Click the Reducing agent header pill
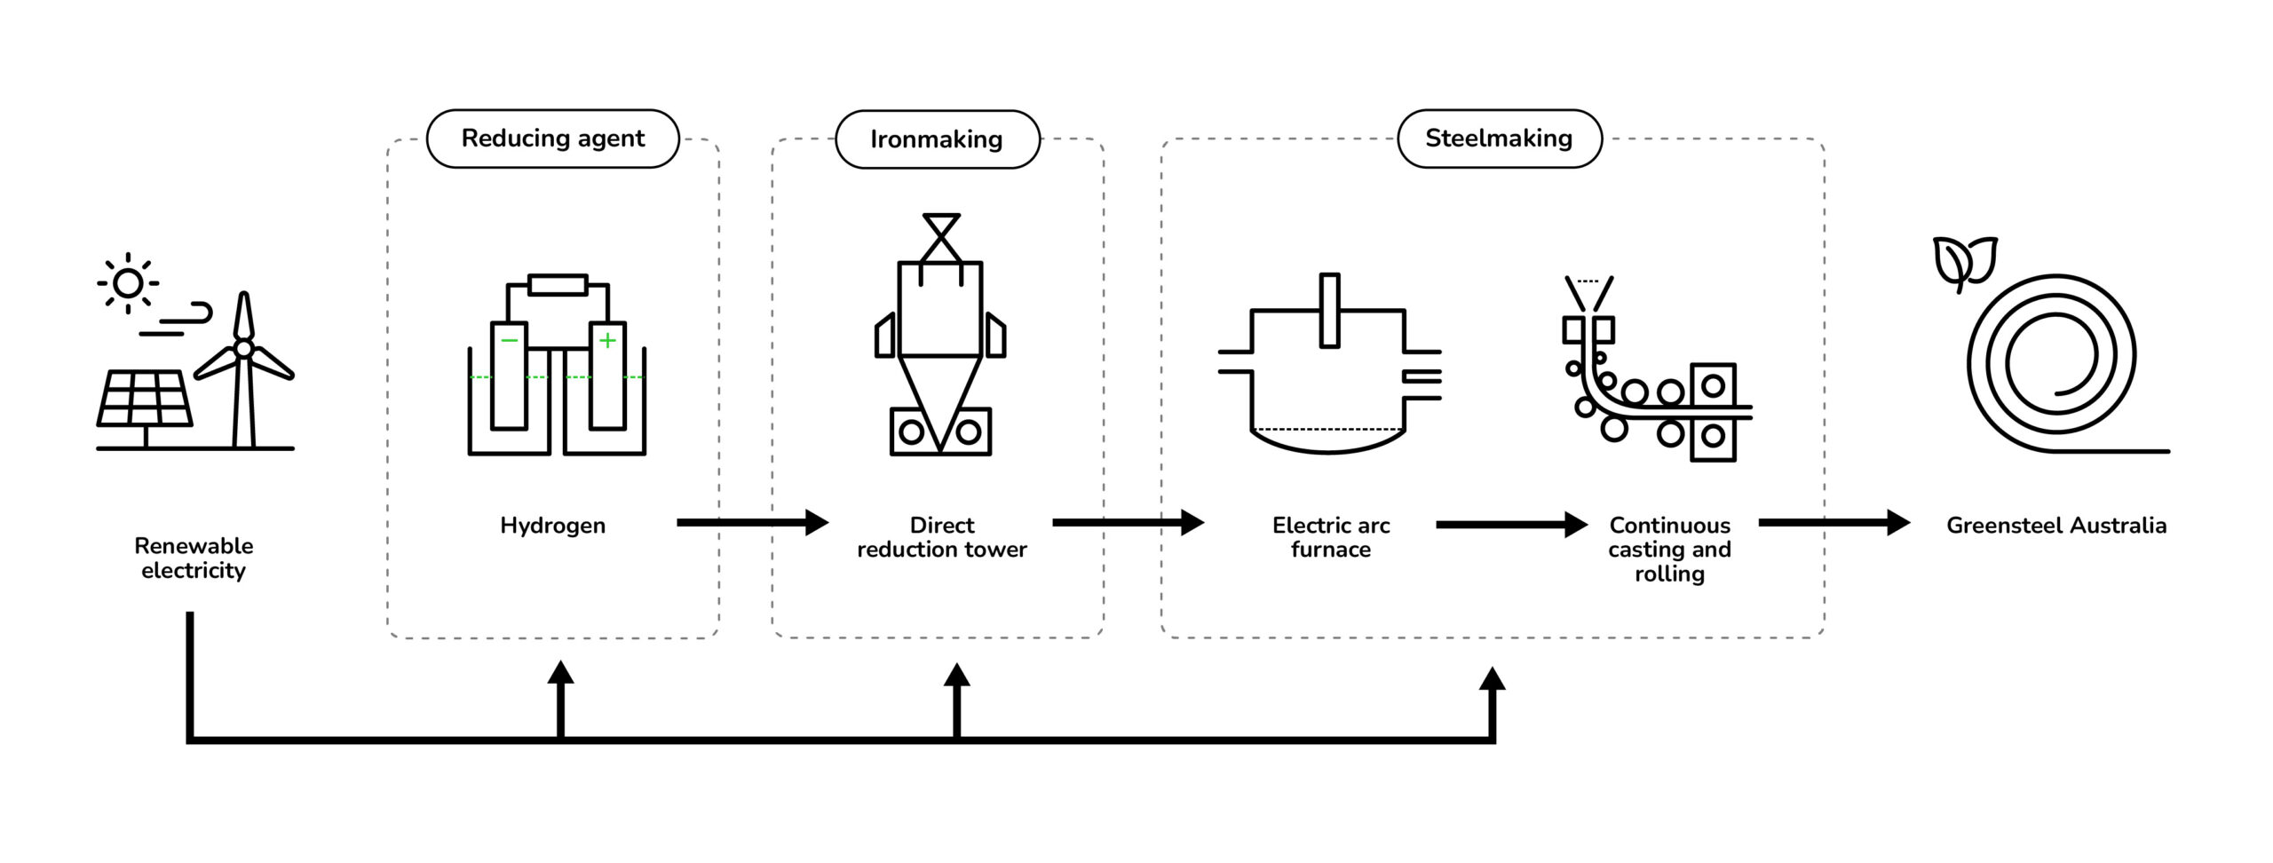click(552, 139)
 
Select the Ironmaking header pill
click(937, 139)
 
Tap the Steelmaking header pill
click(1499, 139)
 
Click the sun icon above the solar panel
click(128, 283)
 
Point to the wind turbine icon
click(243, 368)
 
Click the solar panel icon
click(144, 400)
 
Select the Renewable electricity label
click(194, 558)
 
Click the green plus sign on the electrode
click(607, 340)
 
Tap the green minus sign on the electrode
click(509, 340)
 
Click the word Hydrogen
click(552, 526)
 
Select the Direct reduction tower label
click(941, 537)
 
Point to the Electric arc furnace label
click(1330, 537)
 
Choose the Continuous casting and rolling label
click(1669, 550)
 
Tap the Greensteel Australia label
click(2055, 526)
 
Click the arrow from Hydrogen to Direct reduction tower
click(751, 523)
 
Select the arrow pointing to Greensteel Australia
click(1833, 523)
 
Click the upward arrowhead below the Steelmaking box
click(1492, 681)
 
